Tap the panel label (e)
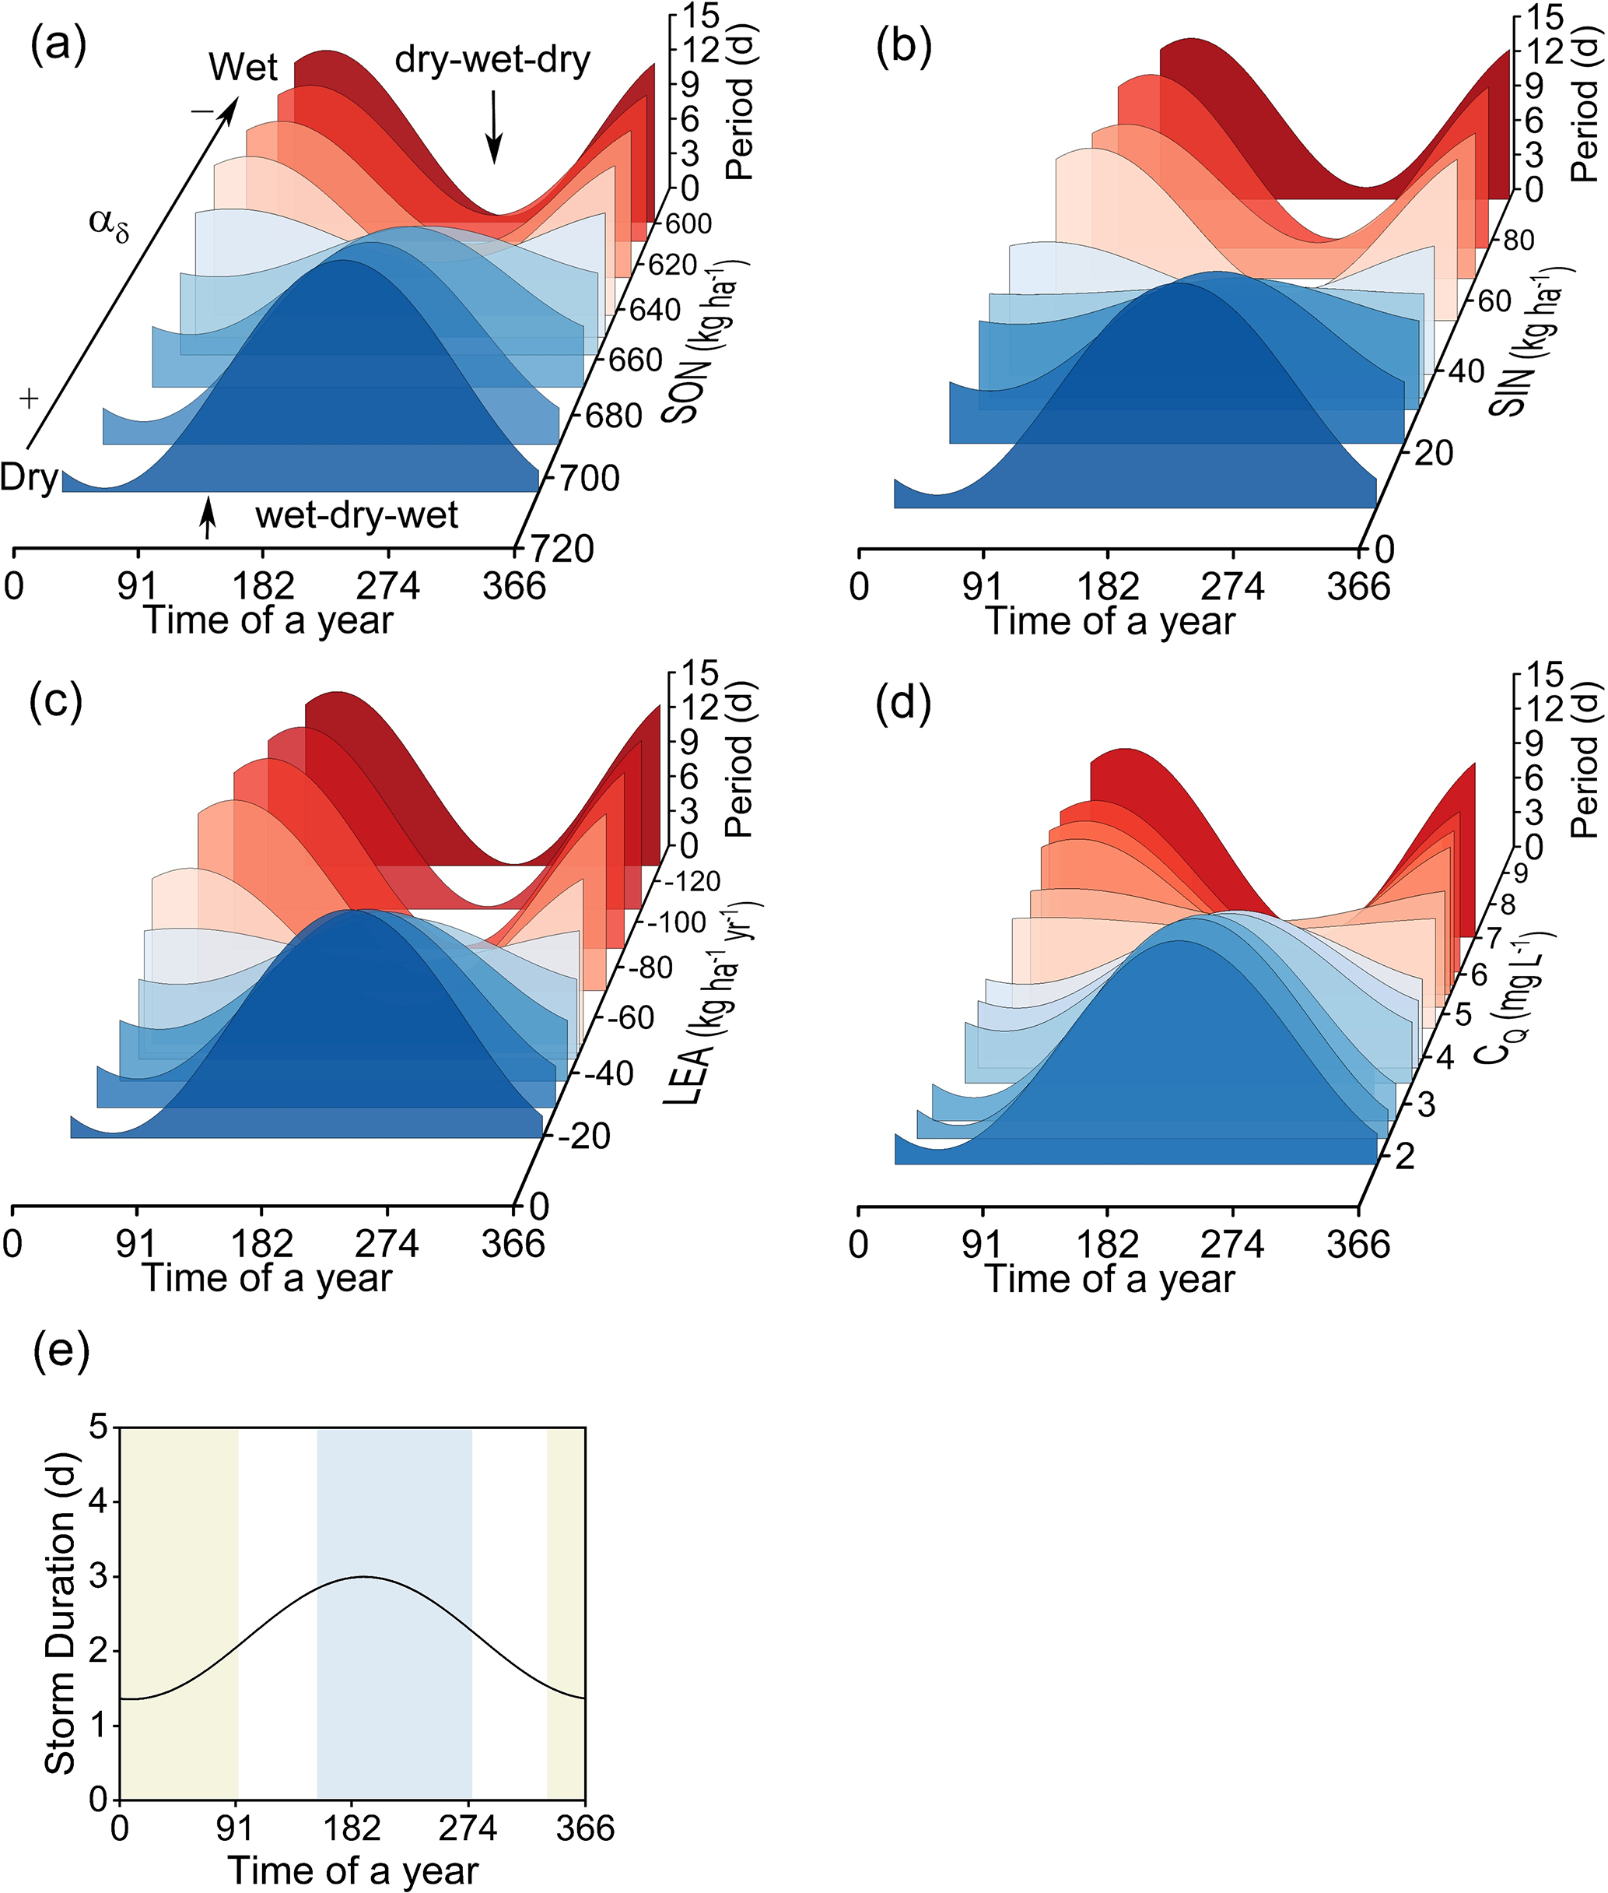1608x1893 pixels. point(61,1351)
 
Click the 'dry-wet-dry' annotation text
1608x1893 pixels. point(492,60)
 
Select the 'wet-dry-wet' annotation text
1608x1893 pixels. point(356,516)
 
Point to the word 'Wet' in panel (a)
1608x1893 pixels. point(243,67)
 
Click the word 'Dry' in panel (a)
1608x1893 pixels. point(29,477)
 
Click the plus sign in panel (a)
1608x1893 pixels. point(29,399)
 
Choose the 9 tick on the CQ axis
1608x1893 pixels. point(1519,873)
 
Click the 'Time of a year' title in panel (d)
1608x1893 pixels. point(1109,1278)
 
